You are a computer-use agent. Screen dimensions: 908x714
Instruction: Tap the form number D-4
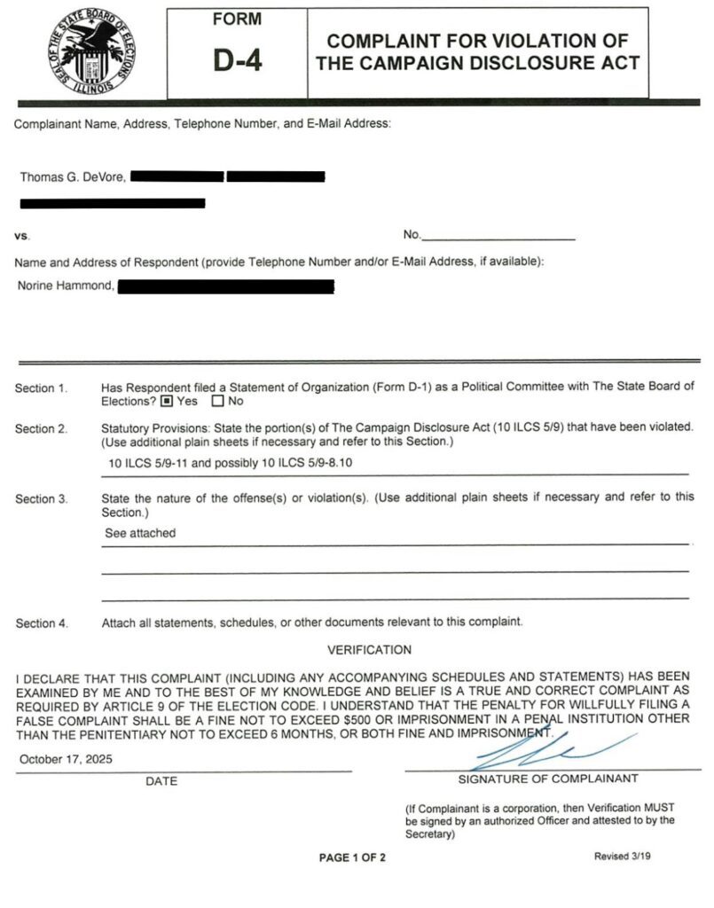[x=237, y=60]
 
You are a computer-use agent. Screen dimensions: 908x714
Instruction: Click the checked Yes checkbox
[x=166, y=401]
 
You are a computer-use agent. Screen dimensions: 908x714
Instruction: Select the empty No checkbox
[x=217, y=401]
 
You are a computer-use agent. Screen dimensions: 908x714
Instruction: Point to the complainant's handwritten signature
[x=532, y=750]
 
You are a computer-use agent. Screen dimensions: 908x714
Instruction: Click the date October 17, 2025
[x=66, y=760]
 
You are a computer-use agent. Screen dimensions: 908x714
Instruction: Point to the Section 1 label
[x=41, y=388]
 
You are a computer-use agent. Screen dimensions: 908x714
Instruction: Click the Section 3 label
[x=41, y=499]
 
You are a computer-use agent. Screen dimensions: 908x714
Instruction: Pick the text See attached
[x=140, y=534]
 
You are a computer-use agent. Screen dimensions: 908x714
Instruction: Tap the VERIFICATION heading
[x=369, y=650]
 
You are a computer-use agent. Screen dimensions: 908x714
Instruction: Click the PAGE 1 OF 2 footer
[x=352, y=857]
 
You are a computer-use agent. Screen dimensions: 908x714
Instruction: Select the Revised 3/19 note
[x=626, y=857]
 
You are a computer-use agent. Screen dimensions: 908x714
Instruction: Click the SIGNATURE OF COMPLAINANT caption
[x=547, y=779]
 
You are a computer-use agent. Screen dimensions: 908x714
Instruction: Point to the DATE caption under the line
[x=161, y=781]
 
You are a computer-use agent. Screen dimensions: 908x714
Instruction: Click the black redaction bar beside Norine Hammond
[x=225, y=286]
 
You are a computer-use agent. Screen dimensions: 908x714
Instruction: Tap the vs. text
[x=22, y=237]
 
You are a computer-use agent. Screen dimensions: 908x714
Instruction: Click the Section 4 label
[x=41, y=623]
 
